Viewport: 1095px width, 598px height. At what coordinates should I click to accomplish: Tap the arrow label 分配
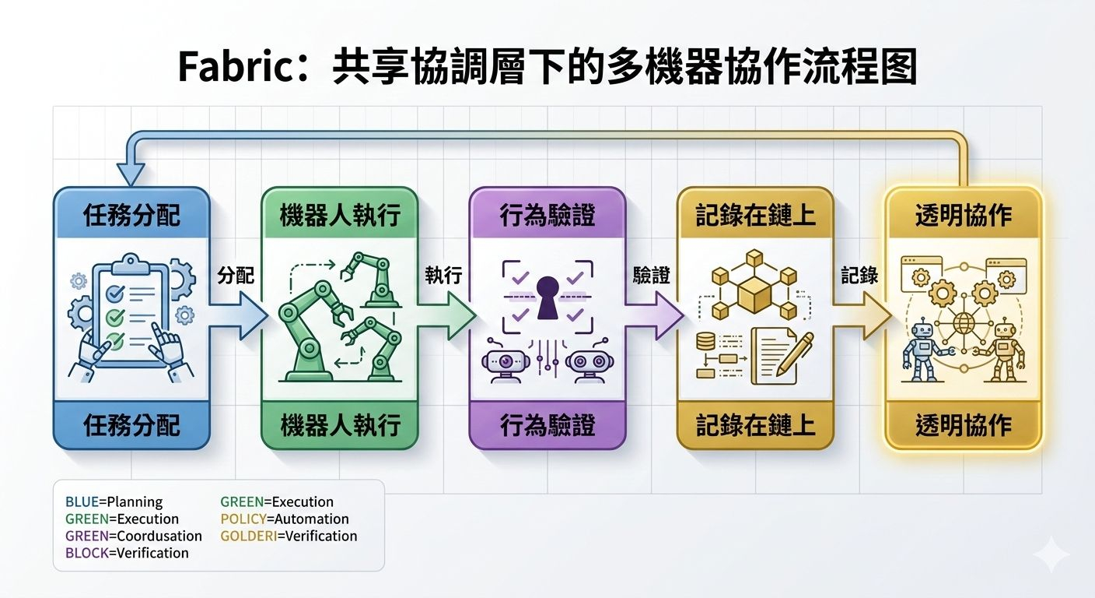pos(236,276)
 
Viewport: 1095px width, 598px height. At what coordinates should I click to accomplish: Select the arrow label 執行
pos(444,276)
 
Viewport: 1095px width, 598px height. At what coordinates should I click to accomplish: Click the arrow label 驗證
pos(652,276)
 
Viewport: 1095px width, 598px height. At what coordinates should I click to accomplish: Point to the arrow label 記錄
pos(859,276)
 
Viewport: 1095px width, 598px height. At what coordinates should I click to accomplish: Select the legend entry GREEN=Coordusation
pos(134,536)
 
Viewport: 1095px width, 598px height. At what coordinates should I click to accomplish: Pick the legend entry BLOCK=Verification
pos(127,553)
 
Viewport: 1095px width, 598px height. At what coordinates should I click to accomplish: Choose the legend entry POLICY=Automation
pos(285,519)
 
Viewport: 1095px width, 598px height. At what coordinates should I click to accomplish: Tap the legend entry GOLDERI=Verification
pos(289,536)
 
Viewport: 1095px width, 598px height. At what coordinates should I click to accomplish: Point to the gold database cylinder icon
pos(706,341)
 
